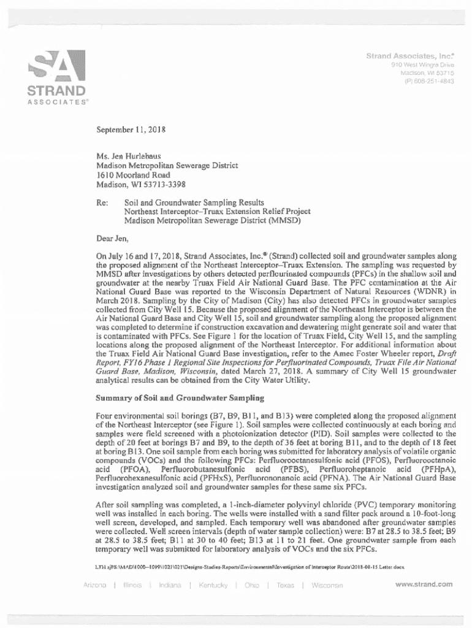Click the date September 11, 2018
coord(131,130)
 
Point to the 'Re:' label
coord(102,202)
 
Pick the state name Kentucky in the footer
coord(213,585)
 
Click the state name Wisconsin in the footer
coord(327,585)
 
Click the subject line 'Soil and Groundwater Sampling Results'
coord(194,202)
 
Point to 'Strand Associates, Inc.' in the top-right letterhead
coord(410,56)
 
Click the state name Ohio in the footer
coord(251,585)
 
